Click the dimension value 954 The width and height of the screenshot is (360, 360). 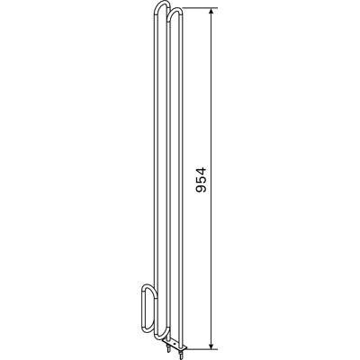tap(201, 180)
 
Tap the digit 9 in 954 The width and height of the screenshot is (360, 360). tap(201, 188)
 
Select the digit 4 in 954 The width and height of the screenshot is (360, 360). tap(201, 171)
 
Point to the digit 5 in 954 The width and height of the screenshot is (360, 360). tap(201, 180)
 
